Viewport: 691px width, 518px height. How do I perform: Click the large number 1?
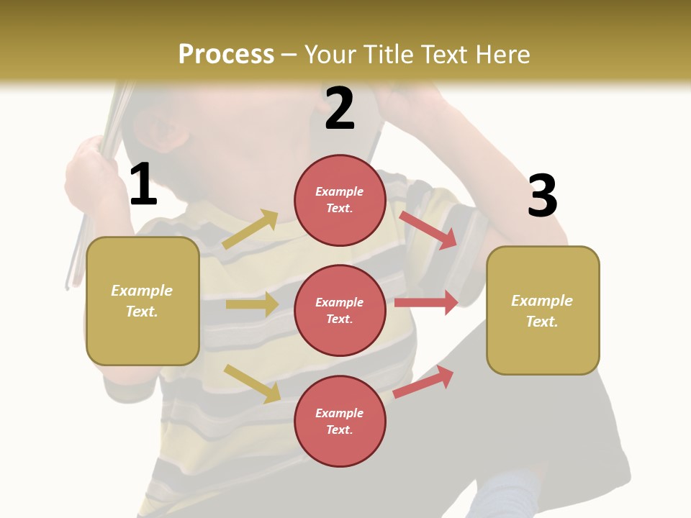point(143,184)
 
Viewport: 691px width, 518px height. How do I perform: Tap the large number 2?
point(340,108)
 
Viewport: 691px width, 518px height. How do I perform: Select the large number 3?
point(543,196)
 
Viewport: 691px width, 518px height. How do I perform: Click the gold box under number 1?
point(143,301)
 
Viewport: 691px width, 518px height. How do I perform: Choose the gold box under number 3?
point(543,310)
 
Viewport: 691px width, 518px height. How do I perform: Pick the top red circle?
point(340,200)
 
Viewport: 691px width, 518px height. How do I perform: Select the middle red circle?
point(340,310)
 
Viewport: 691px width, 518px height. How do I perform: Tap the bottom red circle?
point(340,421)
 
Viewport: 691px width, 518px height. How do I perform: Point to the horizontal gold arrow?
point(252,304)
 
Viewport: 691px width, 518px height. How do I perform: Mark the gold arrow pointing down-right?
point(252,383)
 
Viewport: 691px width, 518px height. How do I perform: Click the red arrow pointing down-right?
point(429,230)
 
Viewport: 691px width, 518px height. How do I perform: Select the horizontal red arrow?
point(426,303)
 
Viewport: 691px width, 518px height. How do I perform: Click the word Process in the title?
point(226,54)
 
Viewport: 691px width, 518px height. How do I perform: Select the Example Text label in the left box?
point(142,301)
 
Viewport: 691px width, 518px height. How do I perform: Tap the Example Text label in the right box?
point(542,311)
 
